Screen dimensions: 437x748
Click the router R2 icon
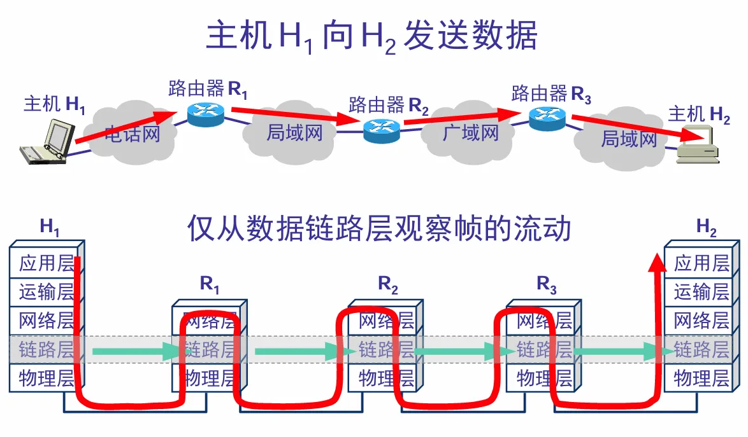pyautogui.click(x=381, y=129)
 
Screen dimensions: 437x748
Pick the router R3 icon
pyautogui.click(x=547, y=117)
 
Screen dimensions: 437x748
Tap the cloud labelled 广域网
pyautogui.click(x=470, y=132)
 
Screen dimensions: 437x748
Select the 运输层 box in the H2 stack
pyautogui.click(x=701, y=291)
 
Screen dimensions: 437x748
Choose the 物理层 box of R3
pyautogui.click(x=543, y=378)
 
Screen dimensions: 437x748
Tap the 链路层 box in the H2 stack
pyautogui.click(x=701, y=349)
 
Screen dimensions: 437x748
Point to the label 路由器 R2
pyautogui.click(x=389, y=104)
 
